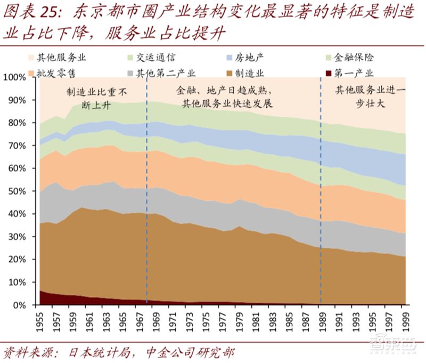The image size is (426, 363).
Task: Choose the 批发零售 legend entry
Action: pos(53,71)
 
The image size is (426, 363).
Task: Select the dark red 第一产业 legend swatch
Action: pos(329,71)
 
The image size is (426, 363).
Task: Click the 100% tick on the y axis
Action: pos(14,77)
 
